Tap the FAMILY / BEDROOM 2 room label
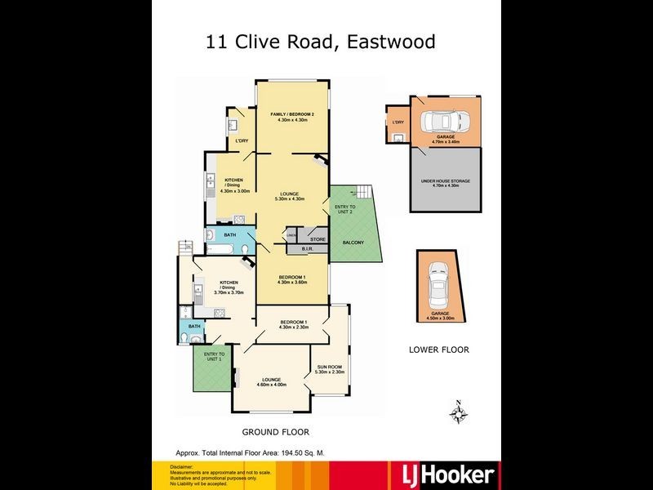[293, 114]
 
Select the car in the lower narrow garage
[438, 282]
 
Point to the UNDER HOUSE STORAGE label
[445, 180]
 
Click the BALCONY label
[353, 243]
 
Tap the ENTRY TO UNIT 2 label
[345, 209]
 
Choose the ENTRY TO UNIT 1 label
[213, 356]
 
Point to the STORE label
[318, 239]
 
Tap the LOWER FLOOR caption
[439, 350]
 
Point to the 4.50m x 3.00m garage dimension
[439, 319]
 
